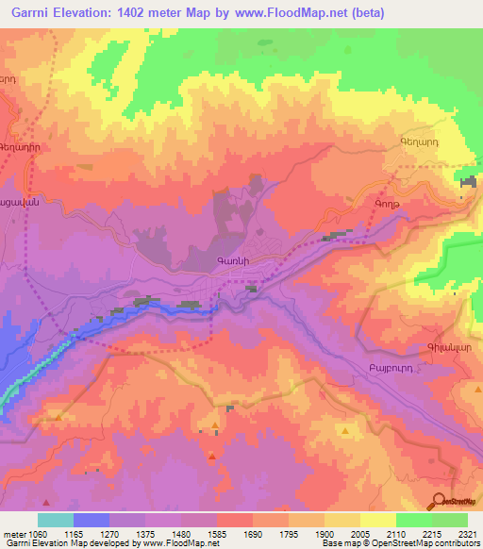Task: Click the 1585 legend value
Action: (217, 533)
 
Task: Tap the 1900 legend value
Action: (325, 533)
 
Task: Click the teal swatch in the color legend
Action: (56, 520)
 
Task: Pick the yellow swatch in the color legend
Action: (378, 520)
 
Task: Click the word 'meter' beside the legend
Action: (15, 533)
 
